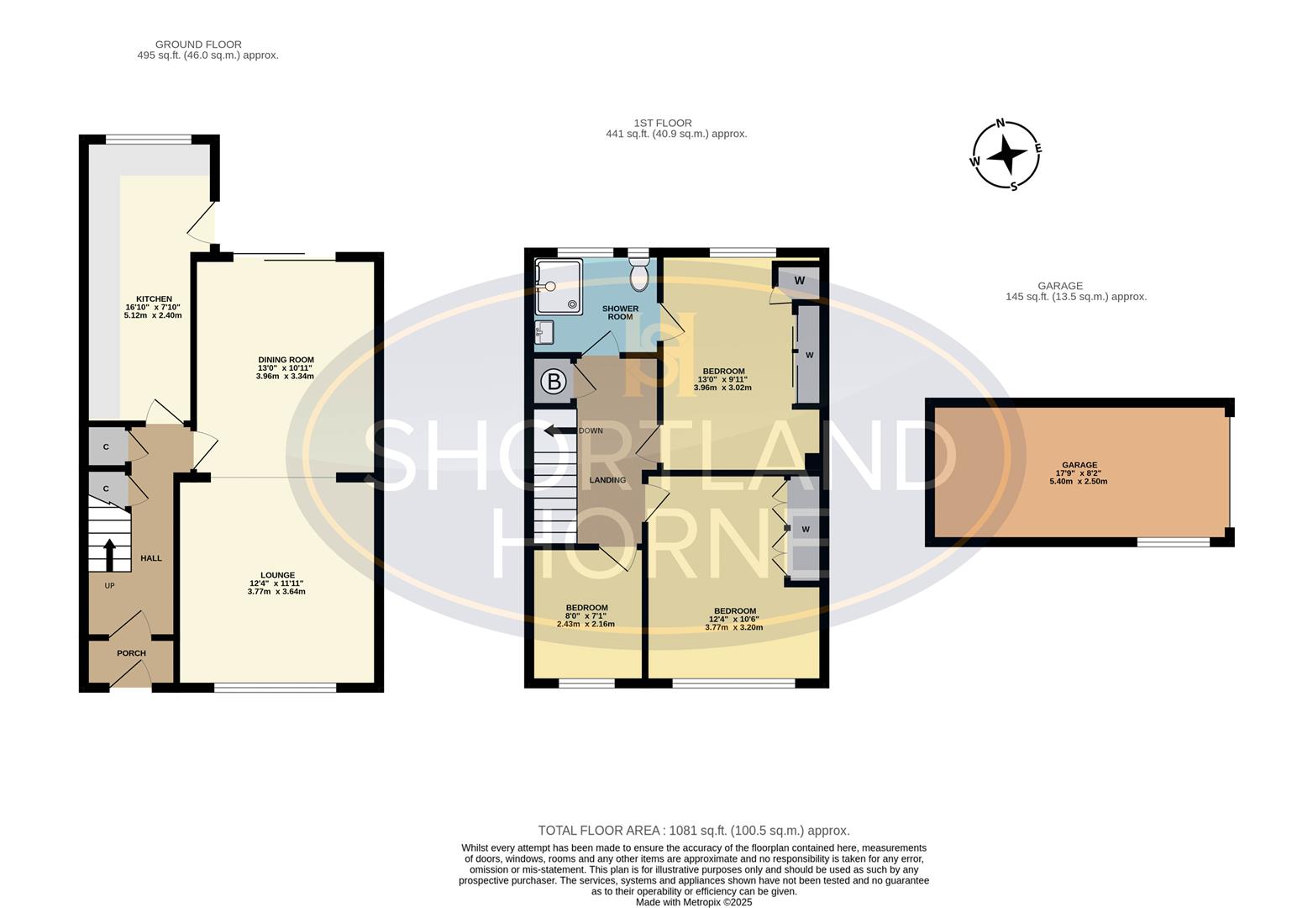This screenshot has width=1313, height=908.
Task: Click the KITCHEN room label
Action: click(154, 299)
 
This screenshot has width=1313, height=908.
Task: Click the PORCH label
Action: click(131, 653)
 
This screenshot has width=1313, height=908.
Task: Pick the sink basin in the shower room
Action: click(544, 332)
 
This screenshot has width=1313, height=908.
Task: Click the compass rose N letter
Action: click(1000, 123)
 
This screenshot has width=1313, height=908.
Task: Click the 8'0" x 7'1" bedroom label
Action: click(586, 608)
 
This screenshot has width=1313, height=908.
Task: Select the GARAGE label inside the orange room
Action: click(1079, 465)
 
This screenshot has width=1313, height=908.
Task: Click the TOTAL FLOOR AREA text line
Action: click(694, 831)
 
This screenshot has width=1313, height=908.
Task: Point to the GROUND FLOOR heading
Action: click(198, 45)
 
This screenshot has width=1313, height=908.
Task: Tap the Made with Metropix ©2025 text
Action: click(694, 902)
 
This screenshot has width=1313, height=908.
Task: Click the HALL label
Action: click(151, 558)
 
